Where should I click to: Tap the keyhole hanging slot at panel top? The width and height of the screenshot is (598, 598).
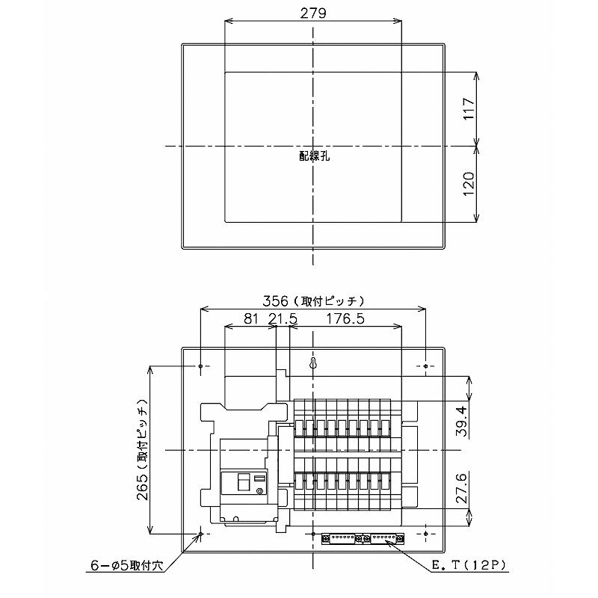point(313,364)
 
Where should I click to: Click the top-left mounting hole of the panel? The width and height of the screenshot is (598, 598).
point(201,366)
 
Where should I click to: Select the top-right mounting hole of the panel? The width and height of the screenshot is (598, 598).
point(425,366)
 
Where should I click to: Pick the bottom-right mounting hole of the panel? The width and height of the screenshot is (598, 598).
point(425,534)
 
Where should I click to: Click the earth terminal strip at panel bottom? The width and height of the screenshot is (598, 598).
point(363,537)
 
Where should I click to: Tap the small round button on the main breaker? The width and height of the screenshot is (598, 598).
point(259,491)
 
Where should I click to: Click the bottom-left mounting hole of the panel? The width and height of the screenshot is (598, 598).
point(201,534)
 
